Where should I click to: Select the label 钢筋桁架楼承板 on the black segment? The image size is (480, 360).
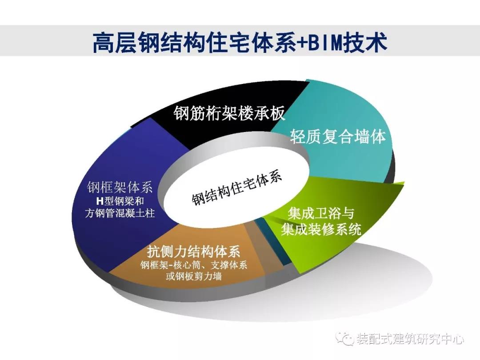(x=229, y=113)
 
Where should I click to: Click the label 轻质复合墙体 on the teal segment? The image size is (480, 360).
(x=337, y=136)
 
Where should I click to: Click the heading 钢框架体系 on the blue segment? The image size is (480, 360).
(x=120, y=187)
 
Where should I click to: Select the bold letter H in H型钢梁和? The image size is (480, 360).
(x=100, y=201)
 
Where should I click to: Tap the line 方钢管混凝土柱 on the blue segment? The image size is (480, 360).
(x=120, y=213)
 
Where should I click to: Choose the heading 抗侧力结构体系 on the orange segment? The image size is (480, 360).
(x=193, y=252)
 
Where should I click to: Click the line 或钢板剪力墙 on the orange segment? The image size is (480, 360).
(x=193, y=276)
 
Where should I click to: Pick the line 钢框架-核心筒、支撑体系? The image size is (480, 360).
(x=194, y=265)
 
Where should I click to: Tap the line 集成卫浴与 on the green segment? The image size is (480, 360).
(x=320, y=213)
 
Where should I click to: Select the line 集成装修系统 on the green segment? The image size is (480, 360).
(x=321, y=229)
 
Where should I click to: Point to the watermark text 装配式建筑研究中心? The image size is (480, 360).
(x=410, y=339)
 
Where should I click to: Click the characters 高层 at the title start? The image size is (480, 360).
(x=116, y=42)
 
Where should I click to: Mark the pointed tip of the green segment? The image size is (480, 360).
(x=404, y=183)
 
